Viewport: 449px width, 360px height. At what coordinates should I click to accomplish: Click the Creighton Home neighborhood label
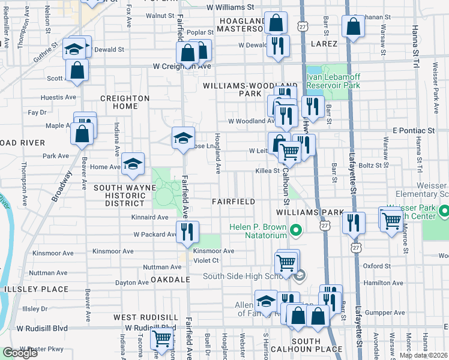[124, 102]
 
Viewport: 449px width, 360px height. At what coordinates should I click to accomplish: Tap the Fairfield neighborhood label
[234, 202]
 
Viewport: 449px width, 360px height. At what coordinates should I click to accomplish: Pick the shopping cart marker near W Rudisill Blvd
[161, 339]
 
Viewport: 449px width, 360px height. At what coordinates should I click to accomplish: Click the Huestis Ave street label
[58, 97]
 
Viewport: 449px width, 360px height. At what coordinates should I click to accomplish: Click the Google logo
[20, 353]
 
